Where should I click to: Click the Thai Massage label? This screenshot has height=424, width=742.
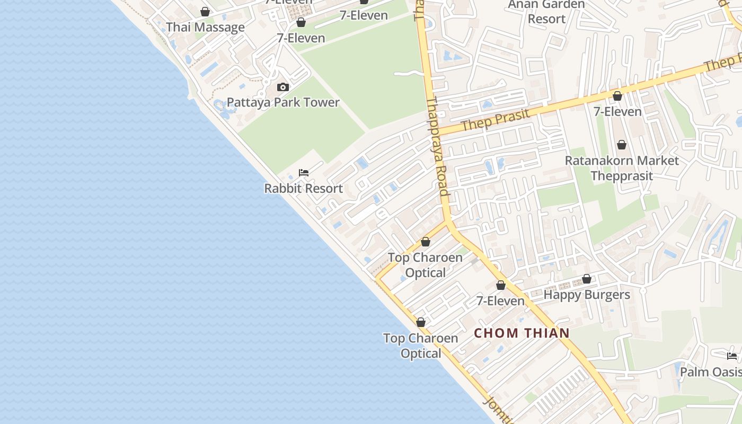pyautogui.click(x=205, y=27)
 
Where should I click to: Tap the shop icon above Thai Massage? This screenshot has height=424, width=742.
pyautogui.click(x=205, y=12)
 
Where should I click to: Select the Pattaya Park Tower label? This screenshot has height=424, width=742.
pyautogui.click(x=283, y=102)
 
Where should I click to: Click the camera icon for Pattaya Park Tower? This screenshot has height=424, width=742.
pyautogui.click(x=283, y=87)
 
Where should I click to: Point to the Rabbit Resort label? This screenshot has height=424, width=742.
pyautogui.click(x=304, y=188)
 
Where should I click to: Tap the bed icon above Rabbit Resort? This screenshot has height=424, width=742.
pyautogui.click(x=304, y=173)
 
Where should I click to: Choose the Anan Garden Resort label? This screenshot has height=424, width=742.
pyautogui.click(x=546, y=12)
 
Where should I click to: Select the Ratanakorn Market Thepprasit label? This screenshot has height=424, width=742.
pyautogui.click(x=622, y=168)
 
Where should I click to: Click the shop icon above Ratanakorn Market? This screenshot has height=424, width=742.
pyautogui.click(x=622, y=145)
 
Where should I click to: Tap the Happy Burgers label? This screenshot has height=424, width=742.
pyautogui.click(x=587, y=295)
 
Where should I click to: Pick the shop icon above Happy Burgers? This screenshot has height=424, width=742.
pyautogui.click(x=587, y=279)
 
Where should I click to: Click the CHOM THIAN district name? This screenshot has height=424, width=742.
pyautogui.click(x=522, y=333)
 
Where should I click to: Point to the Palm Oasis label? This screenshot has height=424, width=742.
pyautogui.click(x=710, y=372)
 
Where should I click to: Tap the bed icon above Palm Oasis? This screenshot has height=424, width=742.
pyautogui.click(x=732, y=356)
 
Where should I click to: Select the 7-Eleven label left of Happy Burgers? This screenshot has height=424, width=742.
pyautogui.click(x=500, y=301)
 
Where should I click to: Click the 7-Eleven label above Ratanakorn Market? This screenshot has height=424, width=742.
pyautogui.click(x=617, y=112)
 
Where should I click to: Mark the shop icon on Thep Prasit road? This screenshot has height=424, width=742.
pyautogui.click(x=617, y=96)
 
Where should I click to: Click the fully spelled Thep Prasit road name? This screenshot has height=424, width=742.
pyautogui.click(x=495, y=120)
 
